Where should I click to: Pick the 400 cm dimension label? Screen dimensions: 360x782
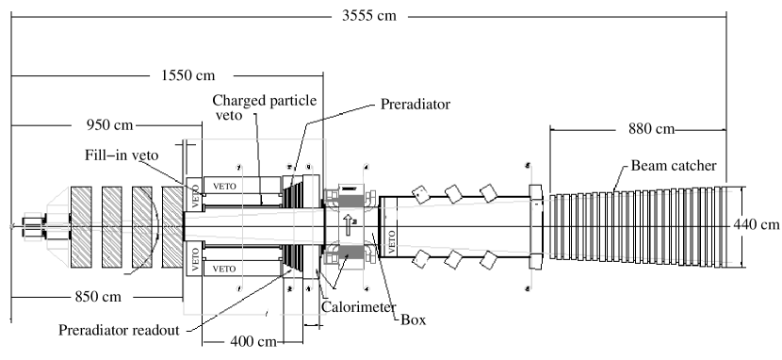pyautogui.click(x=251, y=340)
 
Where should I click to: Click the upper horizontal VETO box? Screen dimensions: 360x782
pyautogui.click(x=224, y=184)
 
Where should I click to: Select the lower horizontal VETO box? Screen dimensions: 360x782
pyautogui.click(x=224, y=269)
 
